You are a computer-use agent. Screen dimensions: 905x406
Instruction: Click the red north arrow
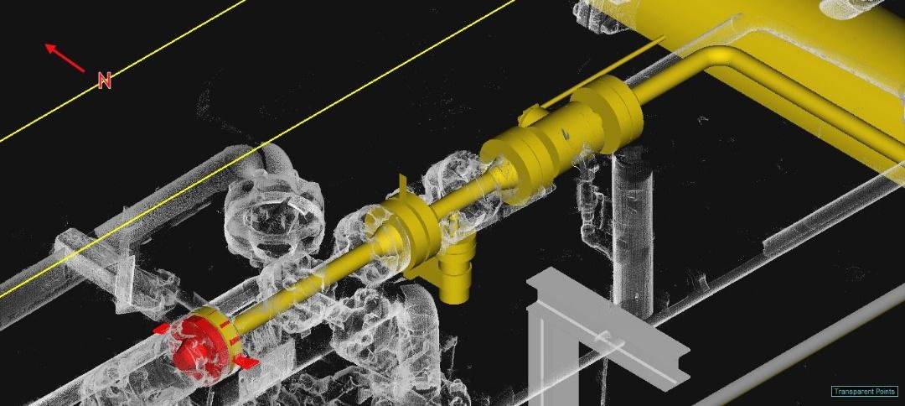(x=65, y=58)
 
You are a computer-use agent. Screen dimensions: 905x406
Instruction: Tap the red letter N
(x=105, y=81)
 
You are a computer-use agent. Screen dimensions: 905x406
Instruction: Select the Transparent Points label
(x=865, y=392)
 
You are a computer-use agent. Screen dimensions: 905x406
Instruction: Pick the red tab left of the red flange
(x=162, y=329)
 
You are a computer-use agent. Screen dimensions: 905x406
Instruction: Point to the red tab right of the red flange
(x=246, y=362)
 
